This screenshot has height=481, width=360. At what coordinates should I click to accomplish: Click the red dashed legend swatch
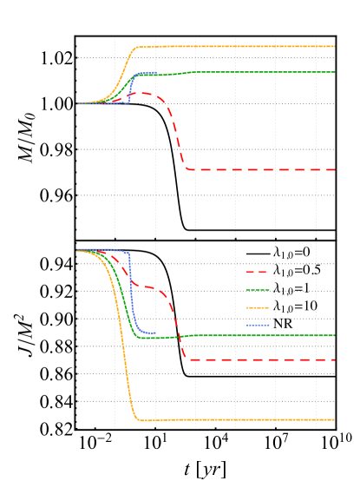coord(257,273)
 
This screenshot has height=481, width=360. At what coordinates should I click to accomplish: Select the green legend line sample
coord(258,290)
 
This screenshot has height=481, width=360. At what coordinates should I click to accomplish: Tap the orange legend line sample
coord(258,307)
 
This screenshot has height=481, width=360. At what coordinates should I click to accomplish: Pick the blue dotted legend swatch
coord(258,325)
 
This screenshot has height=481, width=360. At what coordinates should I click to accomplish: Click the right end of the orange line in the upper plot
coord(335,46)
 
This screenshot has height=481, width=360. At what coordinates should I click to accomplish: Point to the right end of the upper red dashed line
coord(335,169)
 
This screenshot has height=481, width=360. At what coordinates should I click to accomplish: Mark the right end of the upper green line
coord(335,72)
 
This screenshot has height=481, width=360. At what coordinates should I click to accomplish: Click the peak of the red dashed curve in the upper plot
coord(141,93)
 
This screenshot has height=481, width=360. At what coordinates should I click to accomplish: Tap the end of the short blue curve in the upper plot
coord(156,73)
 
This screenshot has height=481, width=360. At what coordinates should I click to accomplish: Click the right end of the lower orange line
coord(335,419)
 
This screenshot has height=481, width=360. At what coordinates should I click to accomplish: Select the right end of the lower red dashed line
coord(335,359)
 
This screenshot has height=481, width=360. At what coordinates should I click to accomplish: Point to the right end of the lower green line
coord(335,335)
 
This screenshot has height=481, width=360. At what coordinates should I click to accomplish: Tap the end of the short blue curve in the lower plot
coord(155,333)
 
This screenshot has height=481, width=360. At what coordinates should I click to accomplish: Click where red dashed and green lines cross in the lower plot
coord(179,335)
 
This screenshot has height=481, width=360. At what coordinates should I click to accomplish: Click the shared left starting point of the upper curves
coord(77,103)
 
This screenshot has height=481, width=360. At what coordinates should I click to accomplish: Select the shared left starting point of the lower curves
coord(77,250)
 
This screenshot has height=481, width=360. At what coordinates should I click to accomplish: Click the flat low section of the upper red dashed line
coord(260,169)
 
